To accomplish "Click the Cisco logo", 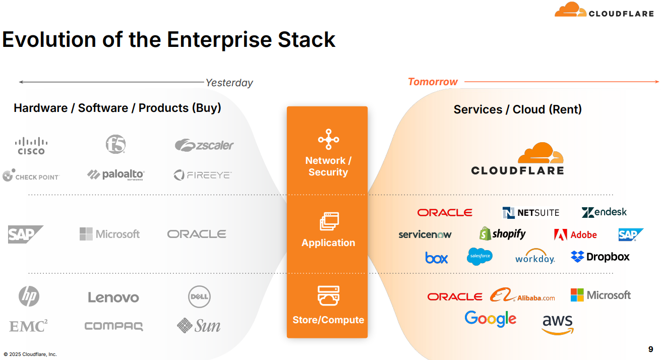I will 31,145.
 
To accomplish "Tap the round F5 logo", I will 115,144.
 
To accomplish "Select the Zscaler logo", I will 204,145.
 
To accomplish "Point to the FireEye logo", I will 202,175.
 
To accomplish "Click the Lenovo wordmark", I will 113,297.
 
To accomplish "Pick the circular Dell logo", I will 199,296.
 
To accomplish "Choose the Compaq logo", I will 113,326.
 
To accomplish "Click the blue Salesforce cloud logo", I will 479,257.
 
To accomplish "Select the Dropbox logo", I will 600,257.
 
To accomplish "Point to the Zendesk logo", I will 604,212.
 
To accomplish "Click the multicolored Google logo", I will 490,319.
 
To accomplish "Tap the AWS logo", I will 558,324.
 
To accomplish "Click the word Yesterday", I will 229,83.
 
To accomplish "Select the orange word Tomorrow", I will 433,82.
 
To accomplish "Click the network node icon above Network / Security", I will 328,139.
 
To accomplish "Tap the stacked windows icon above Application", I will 329,221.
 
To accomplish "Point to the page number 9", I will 650,349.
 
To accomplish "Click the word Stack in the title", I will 307,40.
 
